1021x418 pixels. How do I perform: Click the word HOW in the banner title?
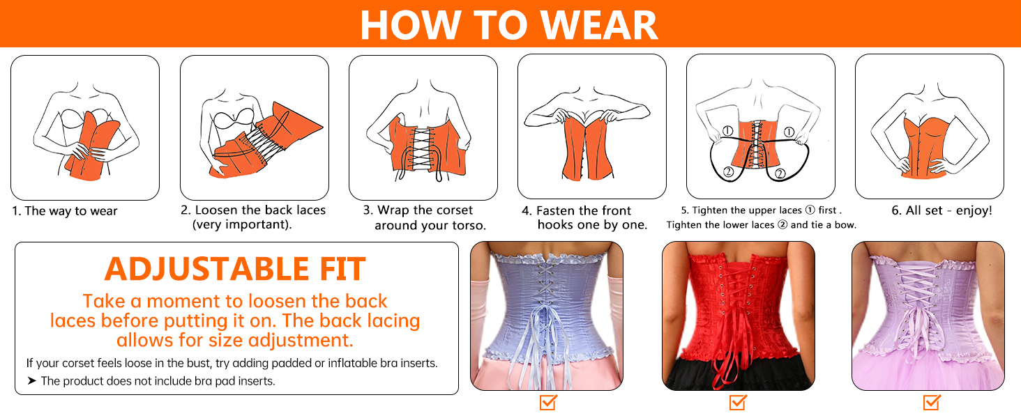[x=410, y=25]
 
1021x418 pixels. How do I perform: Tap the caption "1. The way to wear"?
[x=65, y=211]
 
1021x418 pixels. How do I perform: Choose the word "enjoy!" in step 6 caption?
[x=974, y=211]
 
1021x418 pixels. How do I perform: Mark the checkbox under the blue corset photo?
[x=548, y=403]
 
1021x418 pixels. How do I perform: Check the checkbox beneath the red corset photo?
[x=738, y=403]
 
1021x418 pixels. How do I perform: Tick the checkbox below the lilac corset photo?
[x=932, y=403]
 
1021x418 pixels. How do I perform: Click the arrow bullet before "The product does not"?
[x=31, y=380]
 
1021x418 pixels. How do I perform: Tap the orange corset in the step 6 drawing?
[x=924, y=148]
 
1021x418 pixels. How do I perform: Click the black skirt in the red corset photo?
[x=738, y=373]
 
